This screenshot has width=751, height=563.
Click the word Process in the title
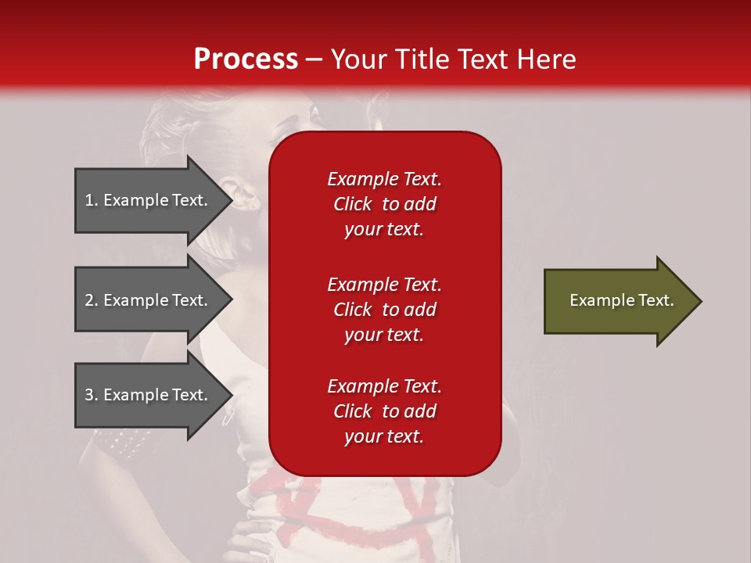pyautogui.click(x=246, y=59)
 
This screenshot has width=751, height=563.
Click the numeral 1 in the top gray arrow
pyautogui.click(x=89, y=201)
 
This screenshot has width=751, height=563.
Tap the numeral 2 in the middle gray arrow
pyautogui.click(x=89, y=301)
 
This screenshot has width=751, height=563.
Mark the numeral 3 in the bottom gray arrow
pyautogui.click(x=89, y=396)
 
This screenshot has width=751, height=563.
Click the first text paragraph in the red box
pyautogui.click(x=384, y=204)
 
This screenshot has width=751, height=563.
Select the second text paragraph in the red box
pyautogui.click(x=384, y=310)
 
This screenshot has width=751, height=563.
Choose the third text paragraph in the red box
pyautogui.click(x=384, y=411)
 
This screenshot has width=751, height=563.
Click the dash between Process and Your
pyautogui.click(x=314, y=60)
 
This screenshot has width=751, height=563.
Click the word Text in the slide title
pyautogui.click(x=484, y=59)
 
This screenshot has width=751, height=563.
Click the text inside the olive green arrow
pyautogui.click(x=621, y=300)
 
